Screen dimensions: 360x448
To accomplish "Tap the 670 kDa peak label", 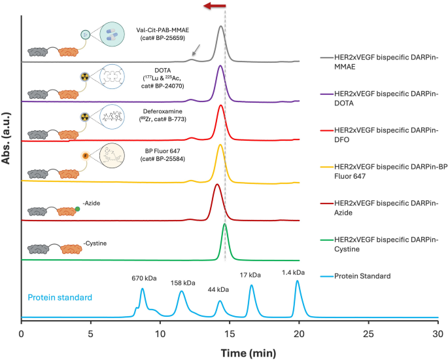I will pyautogui.click(x=141, y=277).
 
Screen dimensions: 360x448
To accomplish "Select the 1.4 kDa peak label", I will pyautogui.click(x=293, y=272).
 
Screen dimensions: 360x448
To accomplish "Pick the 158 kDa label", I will pyautogui.click(x=182, y=283).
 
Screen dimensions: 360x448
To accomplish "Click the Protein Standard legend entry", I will pyautogui.click(x=362, y=276).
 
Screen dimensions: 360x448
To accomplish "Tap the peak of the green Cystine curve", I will pyautogui.click(x=225, y=225).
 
